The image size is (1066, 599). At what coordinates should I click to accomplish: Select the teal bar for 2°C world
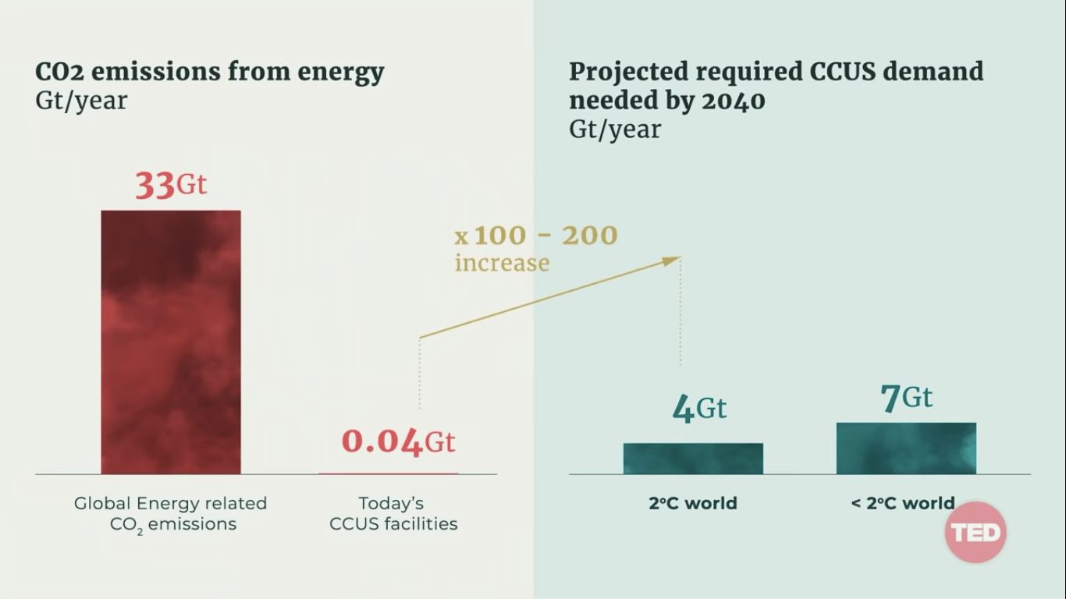(693, 459)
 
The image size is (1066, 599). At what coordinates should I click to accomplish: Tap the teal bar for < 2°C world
(906, 448)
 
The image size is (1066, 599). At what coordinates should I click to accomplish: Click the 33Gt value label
(171, 186)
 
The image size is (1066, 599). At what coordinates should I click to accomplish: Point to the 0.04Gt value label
(398, 442)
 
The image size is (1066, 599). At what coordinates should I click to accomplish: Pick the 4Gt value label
(699, 409)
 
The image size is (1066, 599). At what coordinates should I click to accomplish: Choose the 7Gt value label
(906, 398)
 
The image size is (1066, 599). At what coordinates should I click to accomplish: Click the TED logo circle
(975, 533)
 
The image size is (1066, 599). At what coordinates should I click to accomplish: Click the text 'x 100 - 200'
(536, 236)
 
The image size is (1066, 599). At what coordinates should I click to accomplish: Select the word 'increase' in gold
(502, 263)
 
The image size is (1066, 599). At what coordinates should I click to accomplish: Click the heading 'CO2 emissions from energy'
(210, 72)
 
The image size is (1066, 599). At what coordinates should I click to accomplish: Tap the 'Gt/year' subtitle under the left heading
(80, 101)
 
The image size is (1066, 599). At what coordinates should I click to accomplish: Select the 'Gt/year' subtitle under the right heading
(614, 129)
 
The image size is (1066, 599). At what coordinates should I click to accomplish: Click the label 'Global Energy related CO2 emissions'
(171, 514)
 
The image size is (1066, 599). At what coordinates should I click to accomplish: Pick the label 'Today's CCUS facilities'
(393, 514)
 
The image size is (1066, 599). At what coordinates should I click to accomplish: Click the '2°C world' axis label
(693, 503)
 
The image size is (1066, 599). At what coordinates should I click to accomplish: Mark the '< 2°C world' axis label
(902, 503)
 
